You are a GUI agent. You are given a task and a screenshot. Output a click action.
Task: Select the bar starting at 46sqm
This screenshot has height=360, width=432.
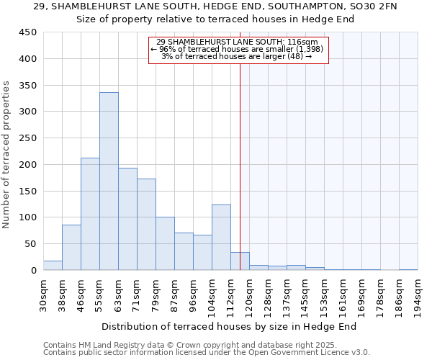click(x=90, y=214)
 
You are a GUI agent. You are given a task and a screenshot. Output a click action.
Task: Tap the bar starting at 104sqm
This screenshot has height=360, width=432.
click(x=221, y=238)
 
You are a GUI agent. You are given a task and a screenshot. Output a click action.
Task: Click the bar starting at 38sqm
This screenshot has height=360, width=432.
click(x=71, y=248)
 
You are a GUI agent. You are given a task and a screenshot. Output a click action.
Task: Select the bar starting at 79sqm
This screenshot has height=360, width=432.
click(x=165, y=243)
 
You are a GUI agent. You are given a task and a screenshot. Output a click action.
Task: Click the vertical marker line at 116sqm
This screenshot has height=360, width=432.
click(x=240, y=144)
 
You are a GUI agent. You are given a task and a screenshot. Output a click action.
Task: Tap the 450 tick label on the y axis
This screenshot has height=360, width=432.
click(x=28, y=32)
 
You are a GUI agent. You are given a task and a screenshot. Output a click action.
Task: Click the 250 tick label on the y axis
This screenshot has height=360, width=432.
click(x=28, y=138)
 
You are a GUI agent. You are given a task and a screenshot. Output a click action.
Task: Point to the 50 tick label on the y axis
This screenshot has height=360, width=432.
click(x=31, y=244)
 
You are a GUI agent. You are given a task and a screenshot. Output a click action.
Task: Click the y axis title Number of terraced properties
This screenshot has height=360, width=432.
click(x=6, y=154)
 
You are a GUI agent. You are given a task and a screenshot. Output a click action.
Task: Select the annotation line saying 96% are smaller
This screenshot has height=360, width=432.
click(x=238, y=49)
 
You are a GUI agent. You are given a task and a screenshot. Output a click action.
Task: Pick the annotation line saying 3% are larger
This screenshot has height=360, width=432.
click(x=237, y=56)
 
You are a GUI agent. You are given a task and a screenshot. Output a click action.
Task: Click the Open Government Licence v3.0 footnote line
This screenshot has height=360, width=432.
click(x=207, y=353)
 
